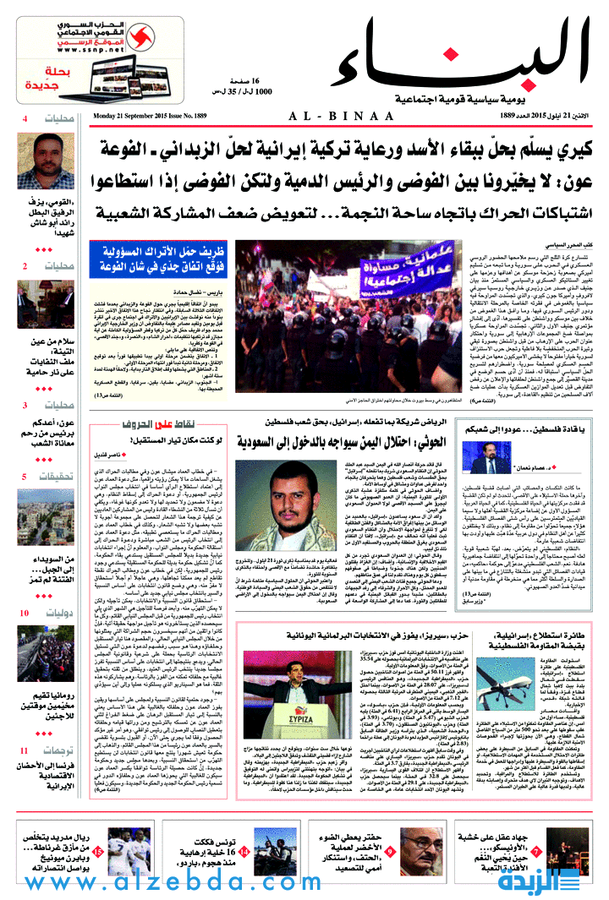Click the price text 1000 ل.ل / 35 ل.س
240,90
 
